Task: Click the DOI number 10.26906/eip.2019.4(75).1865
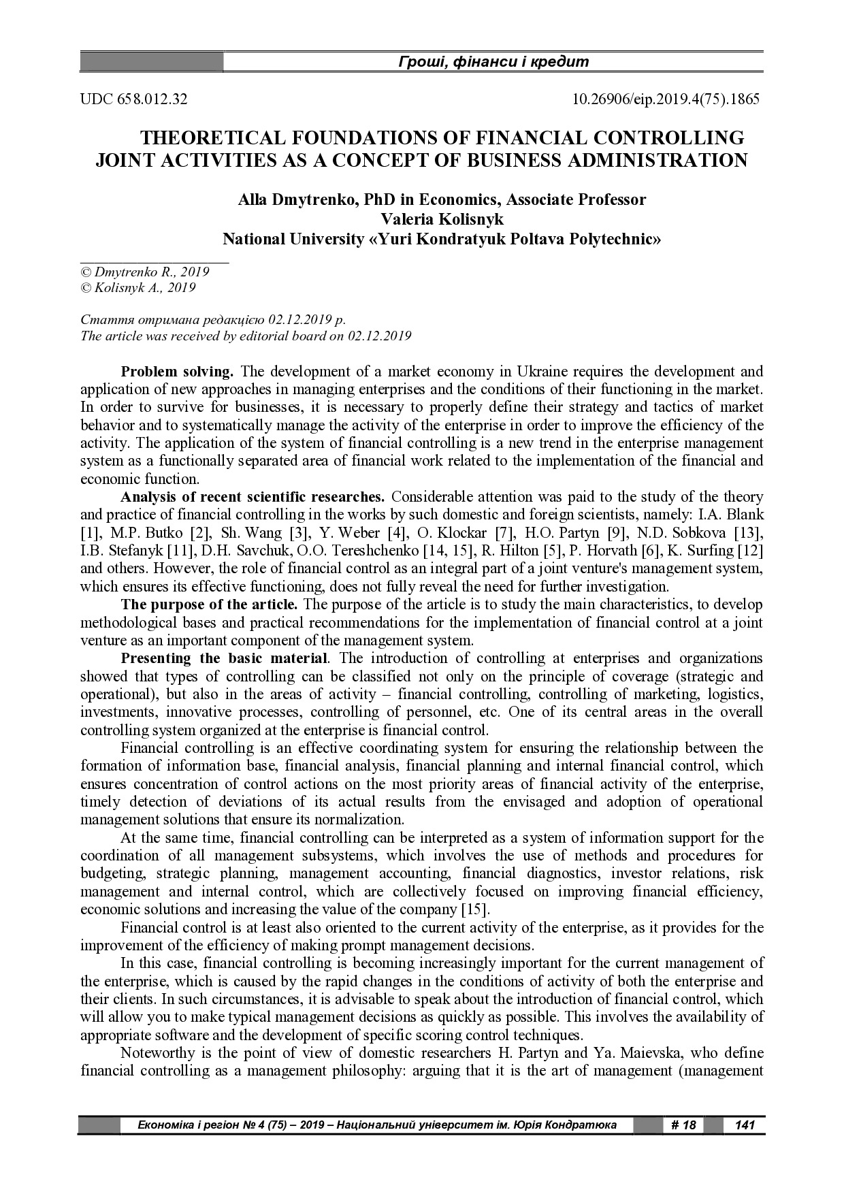point(665,99)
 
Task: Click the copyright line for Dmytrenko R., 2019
point(144,272)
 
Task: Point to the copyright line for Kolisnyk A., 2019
point(138,288)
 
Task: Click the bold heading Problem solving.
point(177,372)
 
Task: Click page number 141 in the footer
point(745,1125)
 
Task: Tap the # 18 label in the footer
point(683,1125)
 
